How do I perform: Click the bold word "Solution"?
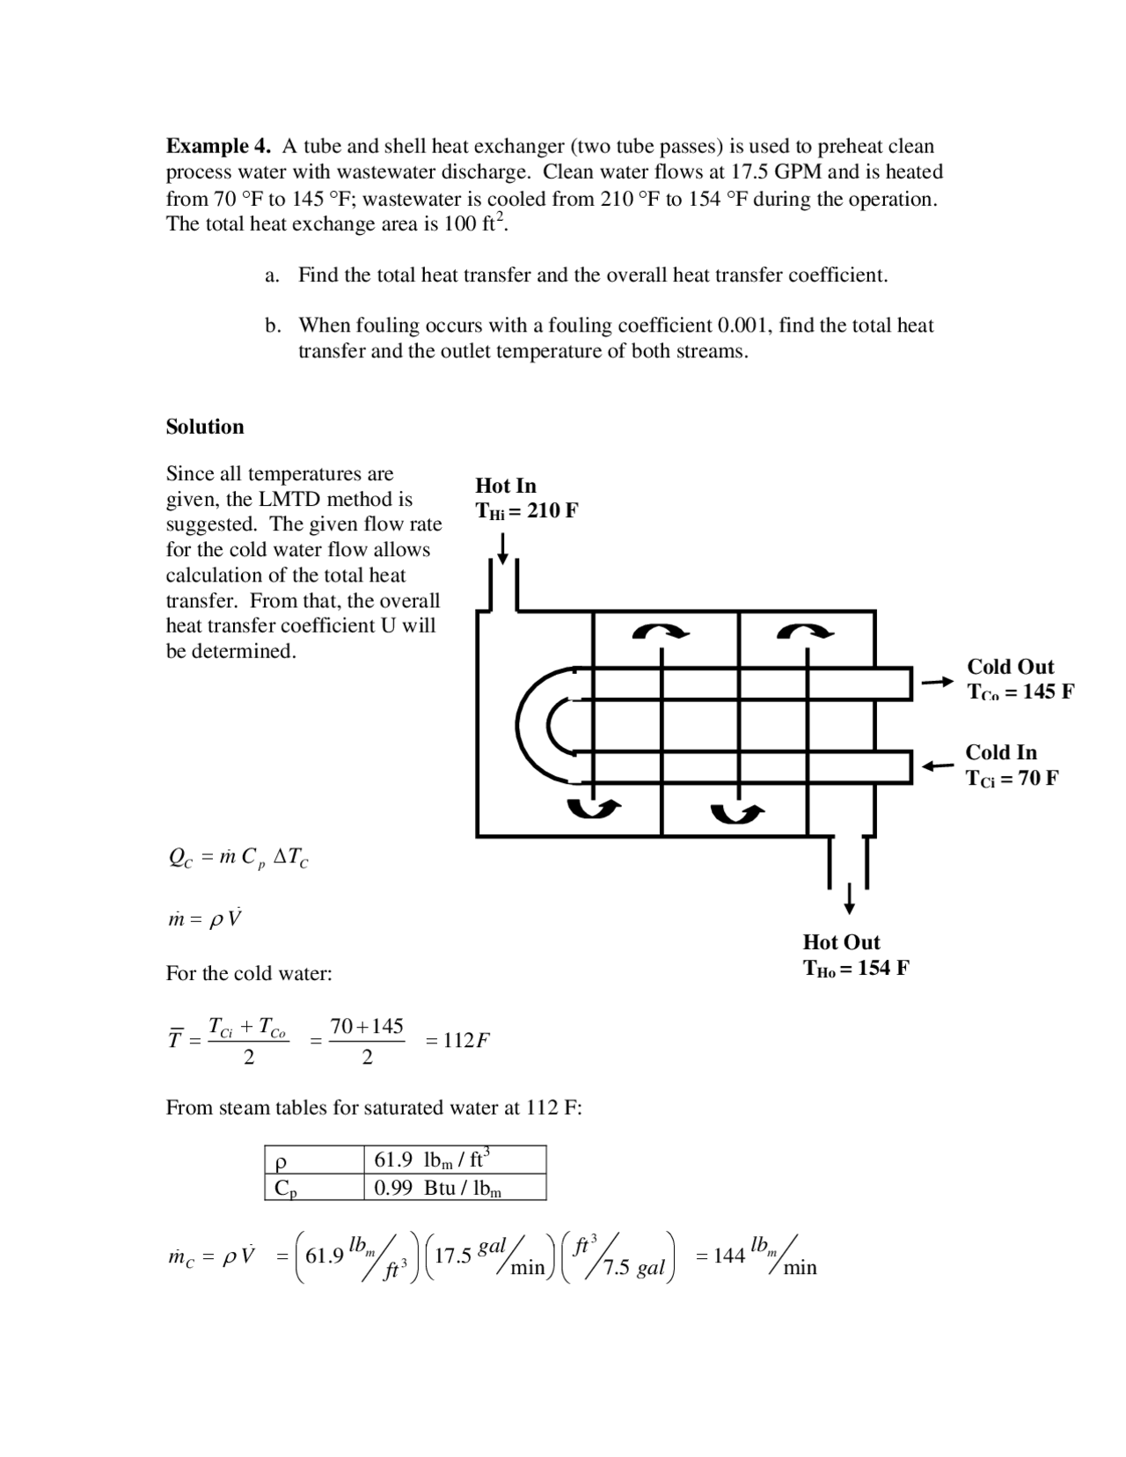tap(205, 427)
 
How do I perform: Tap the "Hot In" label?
tap(506, 486)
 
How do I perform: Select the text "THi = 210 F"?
tap(526, 511)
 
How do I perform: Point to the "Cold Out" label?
tap(1011, 667)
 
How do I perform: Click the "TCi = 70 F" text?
tap(1012, 778)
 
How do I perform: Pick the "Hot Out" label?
tap(841, 942)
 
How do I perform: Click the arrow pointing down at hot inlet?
tap(502, 549)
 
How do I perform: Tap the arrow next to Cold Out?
tap(938, 682)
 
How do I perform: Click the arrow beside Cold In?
tap(938, 766)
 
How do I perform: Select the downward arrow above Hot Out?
tap(849, 898)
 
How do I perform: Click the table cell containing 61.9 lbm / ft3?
tap(454, 1160)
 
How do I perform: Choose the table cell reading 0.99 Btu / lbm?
tap(454, 1188)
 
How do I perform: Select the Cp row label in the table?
tap(287, 1188)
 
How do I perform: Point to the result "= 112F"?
tap(457, 1041)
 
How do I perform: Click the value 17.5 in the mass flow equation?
tap(454, 1256)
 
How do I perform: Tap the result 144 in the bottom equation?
tap(729, 1256)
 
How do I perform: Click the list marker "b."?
tap(274, 326)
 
